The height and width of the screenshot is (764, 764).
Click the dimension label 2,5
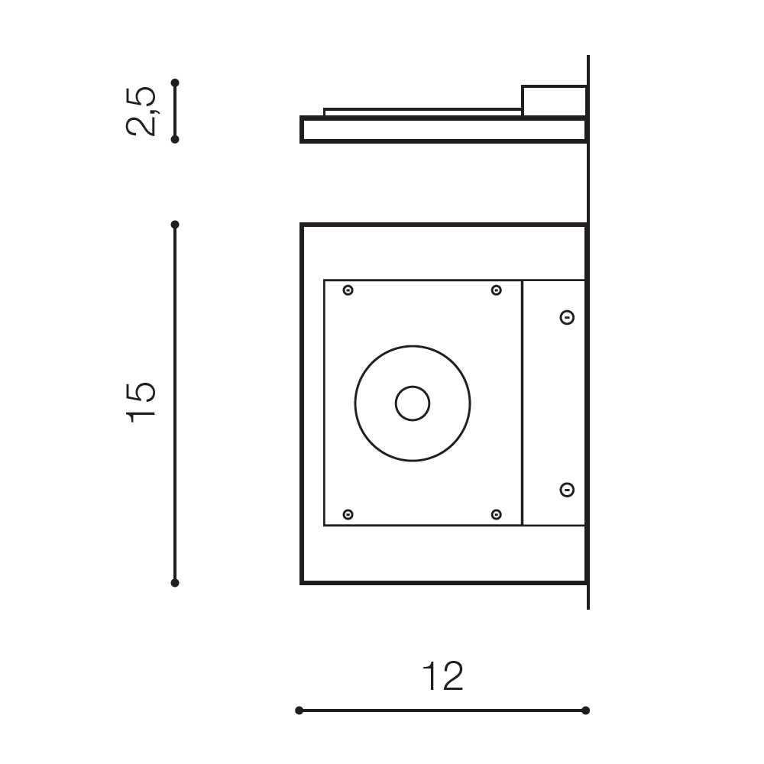[141, 112]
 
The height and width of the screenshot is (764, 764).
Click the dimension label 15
[141, 403]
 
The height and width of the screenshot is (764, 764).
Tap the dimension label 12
[442, 676]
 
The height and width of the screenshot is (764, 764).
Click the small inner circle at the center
[413, 403]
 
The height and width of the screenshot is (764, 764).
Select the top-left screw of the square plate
[348, 290]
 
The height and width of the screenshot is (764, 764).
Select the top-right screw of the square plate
[496, 290]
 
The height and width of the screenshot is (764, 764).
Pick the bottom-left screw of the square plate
[348, 514]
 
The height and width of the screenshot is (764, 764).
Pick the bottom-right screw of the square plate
[496, 514]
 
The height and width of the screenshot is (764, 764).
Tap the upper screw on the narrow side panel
[567, 318]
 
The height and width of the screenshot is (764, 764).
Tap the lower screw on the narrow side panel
[567, 490]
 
